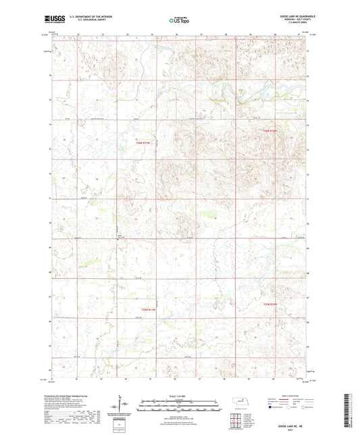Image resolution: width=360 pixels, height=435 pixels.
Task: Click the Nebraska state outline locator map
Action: [239, 402]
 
